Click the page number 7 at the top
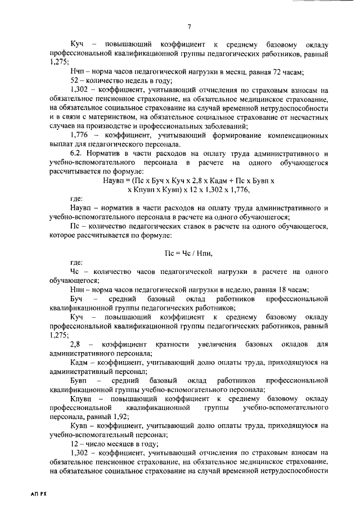(190, 26)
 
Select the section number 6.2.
(78, 154)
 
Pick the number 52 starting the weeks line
(74, 80)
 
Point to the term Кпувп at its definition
(81, 398)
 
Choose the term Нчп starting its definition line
(78, 71)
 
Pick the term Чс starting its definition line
(75, 272)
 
